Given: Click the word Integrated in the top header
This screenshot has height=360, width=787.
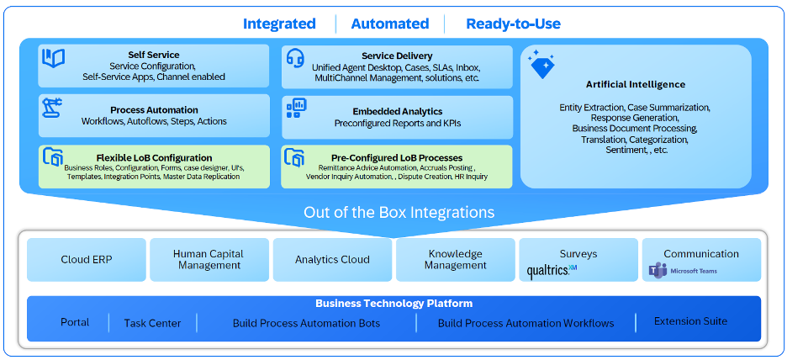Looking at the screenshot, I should (x=279, y=24).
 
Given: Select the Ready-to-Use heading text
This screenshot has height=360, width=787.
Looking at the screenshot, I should (x=513, y=24).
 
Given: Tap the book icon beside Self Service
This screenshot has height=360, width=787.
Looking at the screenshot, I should (x=54, y=58).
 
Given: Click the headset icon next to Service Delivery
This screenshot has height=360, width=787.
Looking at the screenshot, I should (x=295, y=57).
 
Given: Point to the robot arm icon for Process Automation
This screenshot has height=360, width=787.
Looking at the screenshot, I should (x=53, y=108).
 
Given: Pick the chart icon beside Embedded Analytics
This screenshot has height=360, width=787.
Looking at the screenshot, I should (x=296, y=107).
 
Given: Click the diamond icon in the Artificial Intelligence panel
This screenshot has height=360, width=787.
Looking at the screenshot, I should (x=541, y=66).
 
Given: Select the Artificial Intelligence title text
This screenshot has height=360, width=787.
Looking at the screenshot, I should (x=636, y=84).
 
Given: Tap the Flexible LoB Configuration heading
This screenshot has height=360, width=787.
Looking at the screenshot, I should (x=154, y=157).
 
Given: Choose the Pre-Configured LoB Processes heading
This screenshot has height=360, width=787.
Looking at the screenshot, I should (x=397, y=157).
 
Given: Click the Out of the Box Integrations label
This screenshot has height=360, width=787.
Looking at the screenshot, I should (x=399, y=212).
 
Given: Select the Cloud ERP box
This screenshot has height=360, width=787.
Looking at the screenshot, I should (x=87, y=260).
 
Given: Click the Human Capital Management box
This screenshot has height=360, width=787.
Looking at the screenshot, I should (x=209, y=259).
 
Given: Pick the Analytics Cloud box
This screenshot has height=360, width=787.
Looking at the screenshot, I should (x=332, y=260).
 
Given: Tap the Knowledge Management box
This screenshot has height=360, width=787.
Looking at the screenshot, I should (x=455, y=259).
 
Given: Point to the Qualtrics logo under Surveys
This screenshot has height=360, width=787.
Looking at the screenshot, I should (x=552, y=271).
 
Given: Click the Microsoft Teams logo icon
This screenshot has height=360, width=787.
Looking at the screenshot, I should (x=657, y=271).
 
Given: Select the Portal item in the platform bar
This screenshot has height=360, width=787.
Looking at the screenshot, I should (x=75, y=322).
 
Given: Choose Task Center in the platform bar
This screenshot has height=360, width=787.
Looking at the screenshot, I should (x=152, y=323).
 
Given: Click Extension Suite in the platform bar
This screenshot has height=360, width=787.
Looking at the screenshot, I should (x=690, y=321).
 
